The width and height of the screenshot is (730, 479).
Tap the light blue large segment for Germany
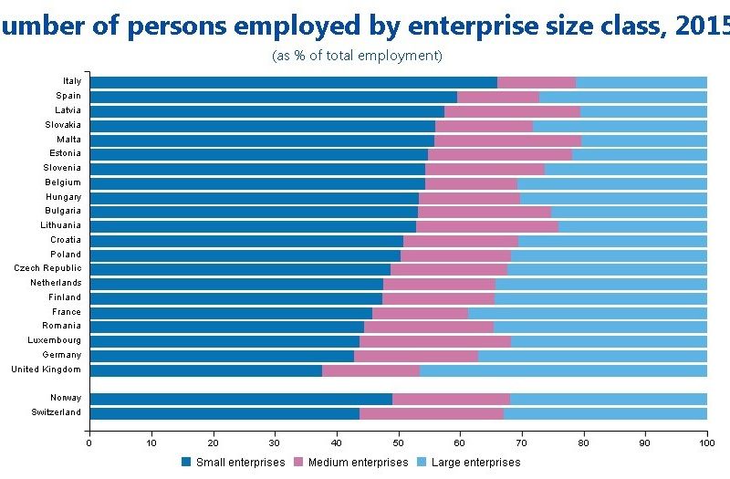coord(592,356)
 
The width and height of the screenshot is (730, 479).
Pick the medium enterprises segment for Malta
coord(507,140)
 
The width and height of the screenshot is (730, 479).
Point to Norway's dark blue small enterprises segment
coord(241,399)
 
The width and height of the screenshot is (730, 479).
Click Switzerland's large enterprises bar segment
coord(605,413)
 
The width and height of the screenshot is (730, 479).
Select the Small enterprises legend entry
coord(233,463)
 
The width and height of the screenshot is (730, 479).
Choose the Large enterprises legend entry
coord(468,463)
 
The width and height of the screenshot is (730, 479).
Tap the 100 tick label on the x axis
coord(706,443)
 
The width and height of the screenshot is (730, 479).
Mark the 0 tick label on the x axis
coord(89,443)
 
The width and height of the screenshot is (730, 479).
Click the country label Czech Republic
coord(47,268)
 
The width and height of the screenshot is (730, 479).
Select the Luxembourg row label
coord(55,340)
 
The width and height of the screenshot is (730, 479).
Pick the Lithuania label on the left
coord(60,225)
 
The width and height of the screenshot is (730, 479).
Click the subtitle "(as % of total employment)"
coord(357,57)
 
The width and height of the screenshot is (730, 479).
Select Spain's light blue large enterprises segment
coord(622,96)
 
